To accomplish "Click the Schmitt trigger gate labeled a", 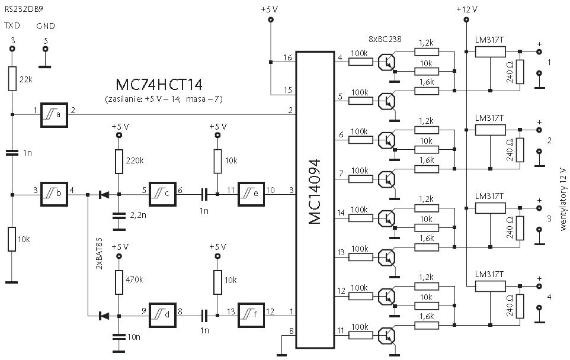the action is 54,115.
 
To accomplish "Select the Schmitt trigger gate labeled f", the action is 251,315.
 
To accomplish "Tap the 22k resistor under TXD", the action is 12,79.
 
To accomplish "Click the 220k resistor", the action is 119,161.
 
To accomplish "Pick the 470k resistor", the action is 119,282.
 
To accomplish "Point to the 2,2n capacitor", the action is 119,216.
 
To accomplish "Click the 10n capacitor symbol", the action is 119,337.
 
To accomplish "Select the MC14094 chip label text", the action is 315,191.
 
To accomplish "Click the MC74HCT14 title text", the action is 159,85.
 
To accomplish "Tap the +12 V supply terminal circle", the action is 466,20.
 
